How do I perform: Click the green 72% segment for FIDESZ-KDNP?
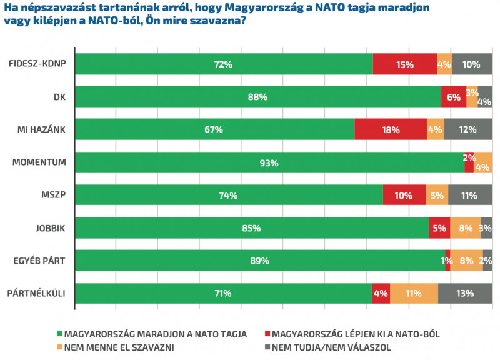(x=224, y=64)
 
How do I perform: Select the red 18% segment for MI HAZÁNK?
(x=391, y=129)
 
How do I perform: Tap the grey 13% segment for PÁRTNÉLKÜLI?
(x=465, y=293)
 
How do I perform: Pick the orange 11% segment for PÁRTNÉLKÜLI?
(x=414, y=293)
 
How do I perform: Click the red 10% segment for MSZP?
(x=404, y=195)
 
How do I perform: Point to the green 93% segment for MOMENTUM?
(x=270, y=162)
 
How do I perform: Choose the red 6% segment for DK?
(x=454, y=97)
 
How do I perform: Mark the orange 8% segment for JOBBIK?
(x=465, y=228)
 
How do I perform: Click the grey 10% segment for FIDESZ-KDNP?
(x=472, y=64)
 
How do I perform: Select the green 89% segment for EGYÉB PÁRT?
(x=260, y=261)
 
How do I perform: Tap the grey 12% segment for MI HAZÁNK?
(x=468, y=129)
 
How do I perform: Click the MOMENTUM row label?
(x=39, y=162)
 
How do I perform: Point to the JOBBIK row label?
(x=49, y=228)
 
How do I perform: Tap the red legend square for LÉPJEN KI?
(x=267, y=334)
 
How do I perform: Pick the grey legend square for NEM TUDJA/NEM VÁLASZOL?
(x=267, y=347)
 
